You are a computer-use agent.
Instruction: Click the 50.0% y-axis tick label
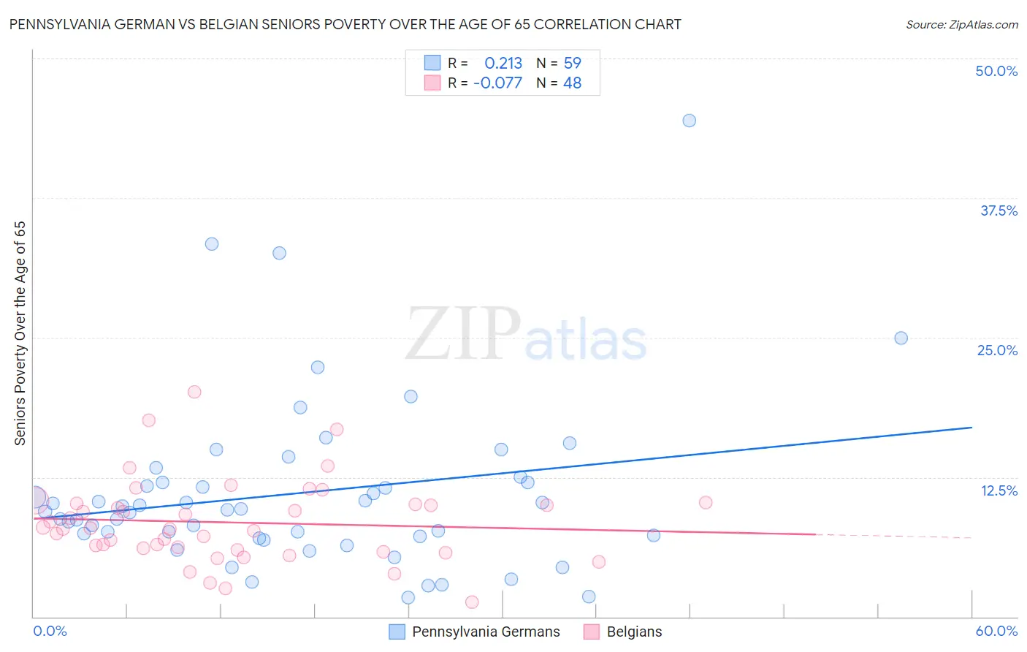click(x=996, y=71)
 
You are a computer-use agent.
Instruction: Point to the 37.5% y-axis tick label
click(x=999, y=211)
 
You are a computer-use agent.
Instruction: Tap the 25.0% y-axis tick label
click(x=997, y=350)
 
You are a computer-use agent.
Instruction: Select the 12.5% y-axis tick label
click(x=999, y=490)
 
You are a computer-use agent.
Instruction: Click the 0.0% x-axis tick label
click(x=50, y=631)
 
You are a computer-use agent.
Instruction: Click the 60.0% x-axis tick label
click(x=996, y=631)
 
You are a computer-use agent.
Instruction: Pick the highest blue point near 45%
click(x=689, y=121)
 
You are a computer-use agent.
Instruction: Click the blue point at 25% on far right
click(x=901, y=338)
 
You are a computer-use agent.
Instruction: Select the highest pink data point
click(x=194, y=392)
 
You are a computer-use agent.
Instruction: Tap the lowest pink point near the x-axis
click(x=472, y=602)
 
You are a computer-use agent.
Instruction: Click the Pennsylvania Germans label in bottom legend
click(x=486, y=632)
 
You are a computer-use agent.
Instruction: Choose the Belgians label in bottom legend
click(x=634, y=632)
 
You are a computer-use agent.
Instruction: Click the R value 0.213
click(x=503, y=64)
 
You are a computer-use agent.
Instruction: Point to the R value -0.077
click(x=497, y=83)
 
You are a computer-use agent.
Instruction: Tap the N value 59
click(x=573, y=64)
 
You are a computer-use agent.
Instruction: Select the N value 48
click(x=573, y=83)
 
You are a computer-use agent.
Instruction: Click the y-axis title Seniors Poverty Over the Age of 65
click(x=20, y=333)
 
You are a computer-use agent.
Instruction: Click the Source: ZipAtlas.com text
click(x=961, y=25)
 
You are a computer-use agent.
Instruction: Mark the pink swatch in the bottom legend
click(x=592, y=632)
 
